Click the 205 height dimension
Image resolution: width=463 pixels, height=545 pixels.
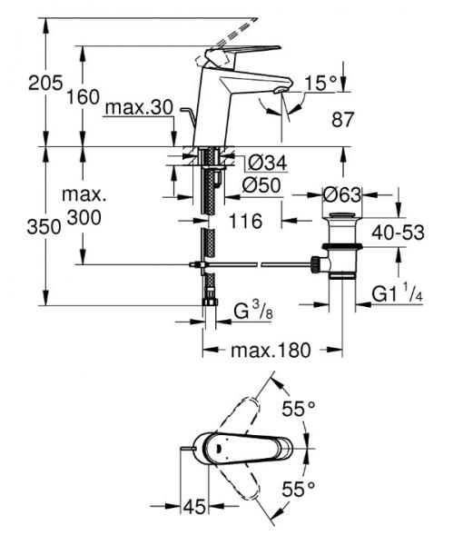(x=45, y=84)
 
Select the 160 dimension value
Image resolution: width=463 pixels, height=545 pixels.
(x=83, y=97)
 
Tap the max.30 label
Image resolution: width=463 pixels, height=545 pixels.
(x=139, y=107)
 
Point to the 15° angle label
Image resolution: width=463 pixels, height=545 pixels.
(x=320, y=84)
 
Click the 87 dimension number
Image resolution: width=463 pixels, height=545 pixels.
(x=343, y=120)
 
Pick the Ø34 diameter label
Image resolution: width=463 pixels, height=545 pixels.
(x=268, y=163)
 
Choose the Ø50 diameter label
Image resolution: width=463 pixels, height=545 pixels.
(x=261, y=185)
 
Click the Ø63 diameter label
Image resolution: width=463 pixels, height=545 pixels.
(x=342, y=195)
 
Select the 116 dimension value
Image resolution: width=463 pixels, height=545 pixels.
(x=245, y=222)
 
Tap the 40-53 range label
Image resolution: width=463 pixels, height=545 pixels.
(x=398, y=233)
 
